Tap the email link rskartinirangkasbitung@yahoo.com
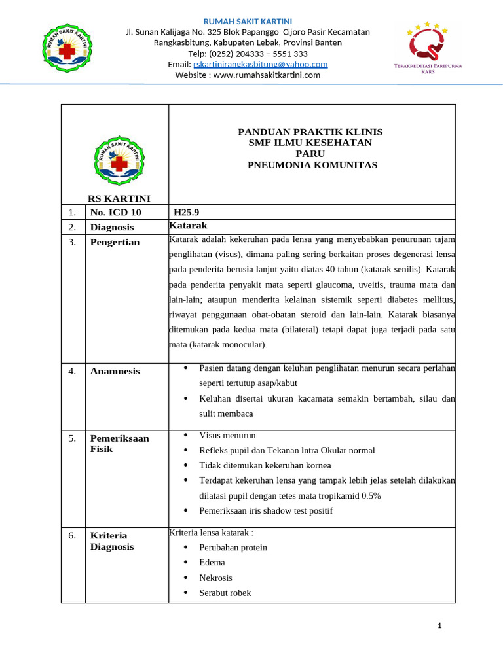[260, 64]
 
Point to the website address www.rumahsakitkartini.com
[248, 75]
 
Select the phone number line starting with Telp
[248, 54]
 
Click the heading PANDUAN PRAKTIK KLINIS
[310, 132]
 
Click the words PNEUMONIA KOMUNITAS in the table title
[312, 165]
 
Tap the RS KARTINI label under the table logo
[119, 198]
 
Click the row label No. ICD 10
[115, 213]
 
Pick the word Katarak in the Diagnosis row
[188, 225]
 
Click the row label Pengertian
[115, 242]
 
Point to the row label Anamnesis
[115, 371]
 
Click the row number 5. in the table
[72, 438]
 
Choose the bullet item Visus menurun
[227, 435]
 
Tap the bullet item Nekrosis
[215, 578]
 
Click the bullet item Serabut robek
[225, 593]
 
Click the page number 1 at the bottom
[440, 626]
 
